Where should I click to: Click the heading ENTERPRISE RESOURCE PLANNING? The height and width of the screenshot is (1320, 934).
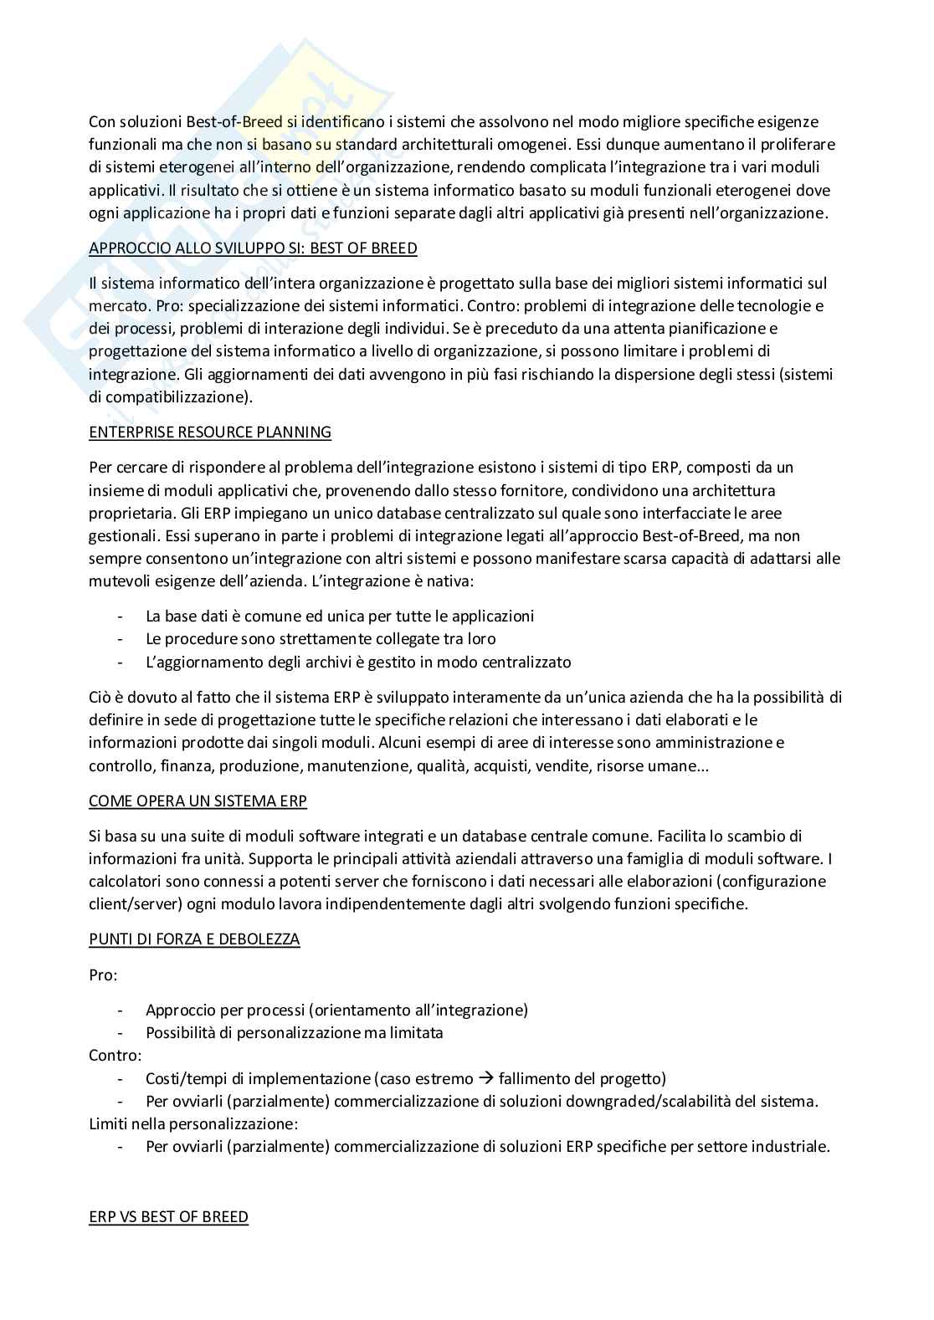[210, 432]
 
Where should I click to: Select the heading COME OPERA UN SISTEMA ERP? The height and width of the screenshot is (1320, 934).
[198, 801]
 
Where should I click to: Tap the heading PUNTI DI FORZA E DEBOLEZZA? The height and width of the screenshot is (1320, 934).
[194, 939]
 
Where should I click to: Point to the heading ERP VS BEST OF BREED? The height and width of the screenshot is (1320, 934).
[168, 1216]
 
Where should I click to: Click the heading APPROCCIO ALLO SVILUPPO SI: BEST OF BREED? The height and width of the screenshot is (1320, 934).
[253, 248]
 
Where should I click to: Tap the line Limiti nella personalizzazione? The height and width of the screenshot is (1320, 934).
[193, 1124]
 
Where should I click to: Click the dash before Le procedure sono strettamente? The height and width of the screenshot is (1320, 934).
[122, 639]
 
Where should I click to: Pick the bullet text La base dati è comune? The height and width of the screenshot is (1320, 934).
[339, 617]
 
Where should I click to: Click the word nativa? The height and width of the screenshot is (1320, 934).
[452, 581]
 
